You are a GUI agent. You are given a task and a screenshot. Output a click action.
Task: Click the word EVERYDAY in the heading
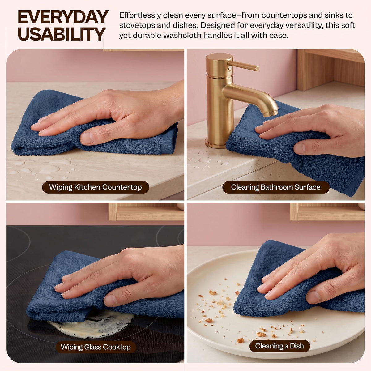pos(63,17)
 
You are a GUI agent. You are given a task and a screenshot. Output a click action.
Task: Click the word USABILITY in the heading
pos(62,34)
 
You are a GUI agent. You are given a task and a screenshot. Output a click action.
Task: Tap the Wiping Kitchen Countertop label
pos(96,187)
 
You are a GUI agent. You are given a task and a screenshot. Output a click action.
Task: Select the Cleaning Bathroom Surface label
pos(276,187)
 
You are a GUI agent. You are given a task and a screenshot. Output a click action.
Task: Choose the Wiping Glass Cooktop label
pos(96,347)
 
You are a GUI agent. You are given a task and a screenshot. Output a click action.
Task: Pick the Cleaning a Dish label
pos(279,346)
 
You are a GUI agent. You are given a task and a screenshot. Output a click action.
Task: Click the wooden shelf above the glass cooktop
pos(146,211)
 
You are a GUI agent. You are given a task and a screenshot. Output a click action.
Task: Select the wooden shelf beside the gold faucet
pos(330,69)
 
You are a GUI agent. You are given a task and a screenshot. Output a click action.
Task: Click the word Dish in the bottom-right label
pos(297,346)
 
